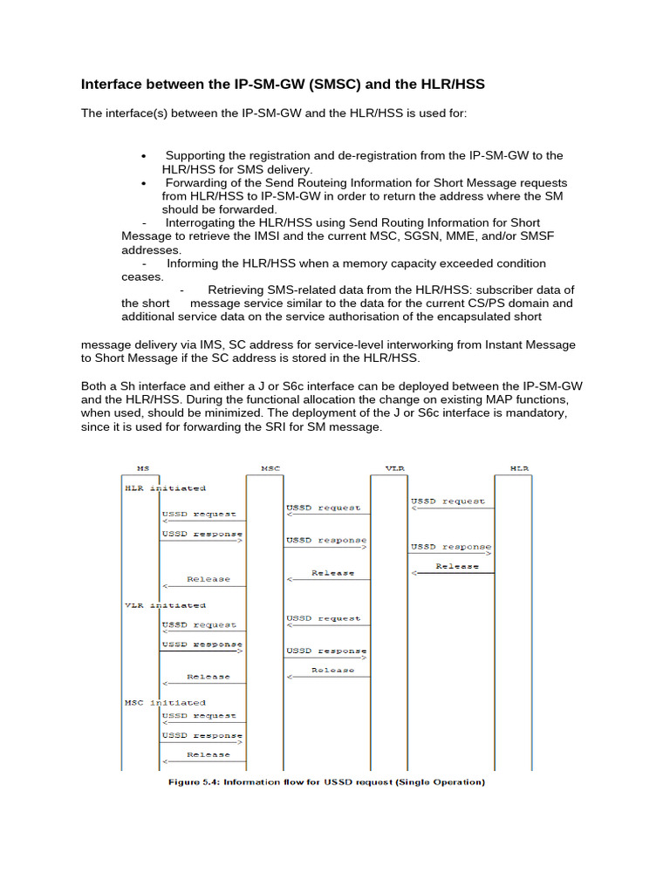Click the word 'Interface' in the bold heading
pyautogui.click(x=114, y=85)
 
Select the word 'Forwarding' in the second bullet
pyautogui.click(x=198, y=183)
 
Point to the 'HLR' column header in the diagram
pyautogui.click(x=513, y=468)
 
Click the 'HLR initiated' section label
pyautogui.click(x=164, y=488)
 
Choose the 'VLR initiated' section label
pyautogui.click(x=164, y=604)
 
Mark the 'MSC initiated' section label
pyautogui.click(x=164, y=702)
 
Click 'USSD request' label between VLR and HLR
pyautogui.click(x=448, y=501)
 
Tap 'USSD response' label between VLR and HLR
pyautogui.click(x=450, y=547)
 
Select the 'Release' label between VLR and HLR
pyautogui.click(x=457, y=566)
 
